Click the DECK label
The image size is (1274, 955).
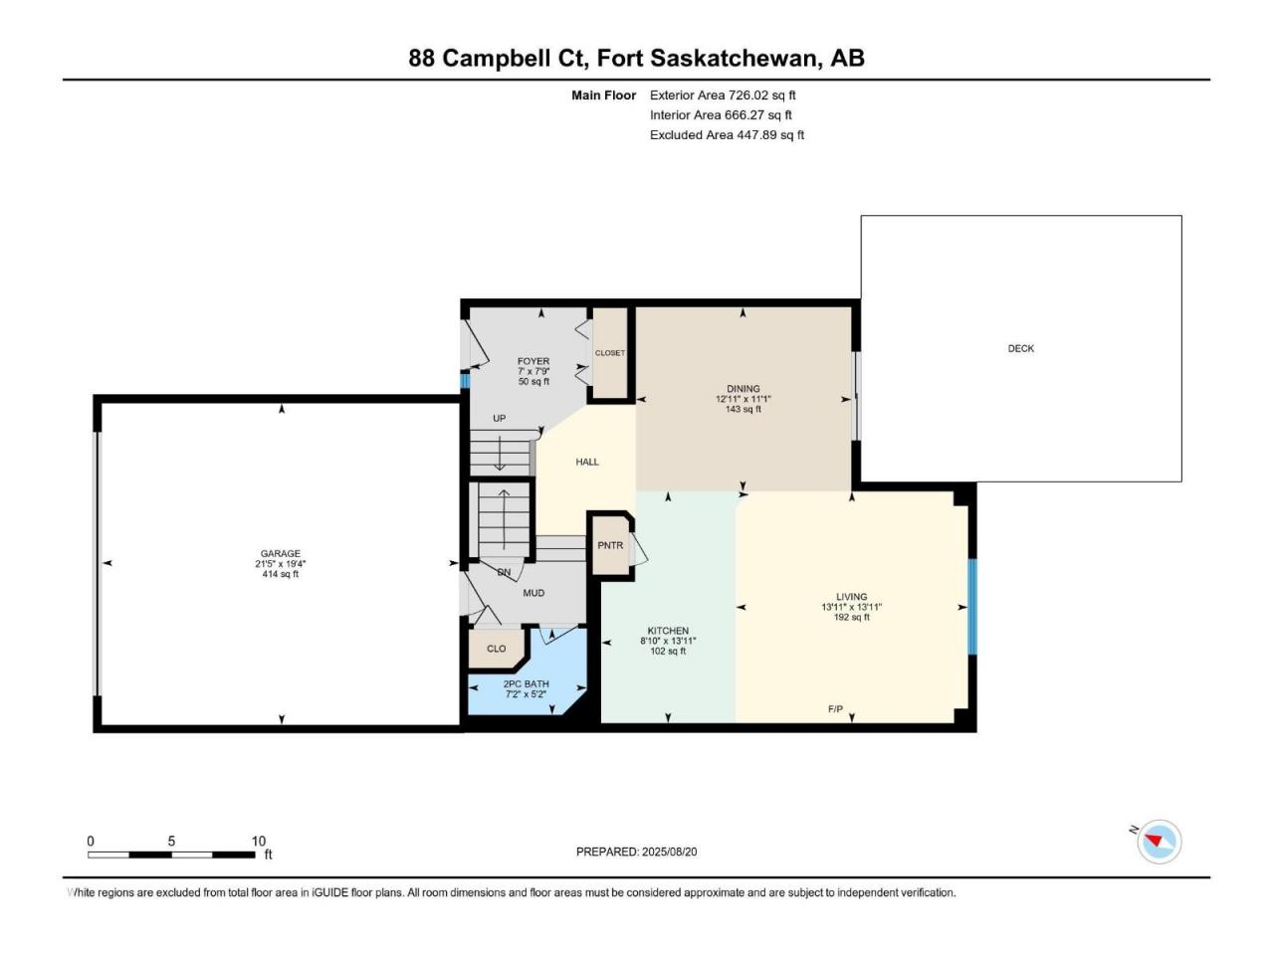1020,348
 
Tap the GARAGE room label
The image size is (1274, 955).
281,553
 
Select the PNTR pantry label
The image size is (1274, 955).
610,545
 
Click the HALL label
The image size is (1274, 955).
587,462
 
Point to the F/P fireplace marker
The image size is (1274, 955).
835,708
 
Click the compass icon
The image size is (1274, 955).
1160,842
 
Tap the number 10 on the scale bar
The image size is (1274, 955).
258,841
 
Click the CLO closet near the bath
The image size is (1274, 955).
497,649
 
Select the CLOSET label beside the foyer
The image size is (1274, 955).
610,352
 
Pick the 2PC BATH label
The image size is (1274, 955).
526,683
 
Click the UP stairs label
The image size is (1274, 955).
500,418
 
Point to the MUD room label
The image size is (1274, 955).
533,593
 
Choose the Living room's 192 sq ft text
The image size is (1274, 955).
851,617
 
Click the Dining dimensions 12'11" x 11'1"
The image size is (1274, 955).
743,399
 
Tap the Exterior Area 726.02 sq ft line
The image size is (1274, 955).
723,95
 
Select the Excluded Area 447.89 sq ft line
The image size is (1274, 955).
727,135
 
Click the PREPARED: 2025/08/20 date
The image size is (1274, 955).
636,852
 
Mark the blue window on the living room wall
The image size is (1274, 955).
972,607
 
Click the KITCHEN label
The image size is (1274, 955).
668,631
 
